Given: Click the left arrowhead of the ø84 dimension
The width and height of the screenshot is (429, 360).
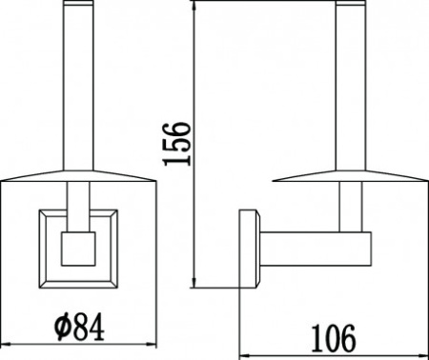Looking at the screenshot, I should coord(5,345).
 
